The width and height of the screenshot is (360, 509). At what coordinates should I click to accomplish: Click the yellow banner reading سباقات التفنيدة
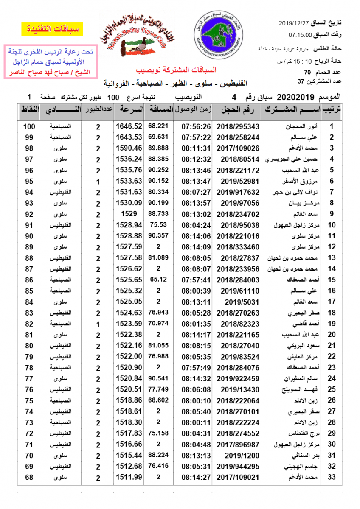pyautogui.click(x=52, y=30)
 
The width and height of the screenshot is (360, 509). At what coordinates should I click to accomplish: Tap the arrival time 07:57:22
pyautogui.click(x=196, y=137)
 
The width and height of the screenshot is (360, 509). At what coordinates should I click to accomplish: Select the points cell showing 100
pyautogui.click(x=29, y=126)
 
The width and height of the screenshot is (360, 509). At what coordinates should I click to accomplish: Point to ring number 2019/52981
pyautogui.click(x=240, y=181)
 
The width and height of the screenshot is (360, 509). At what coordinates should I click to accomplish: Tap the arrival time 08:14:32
pyautogui.click(x=196, y=378)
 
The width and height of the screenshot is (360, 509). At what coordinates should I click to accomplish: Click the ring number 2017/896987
pyautogui.click(x=240, y=444)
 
